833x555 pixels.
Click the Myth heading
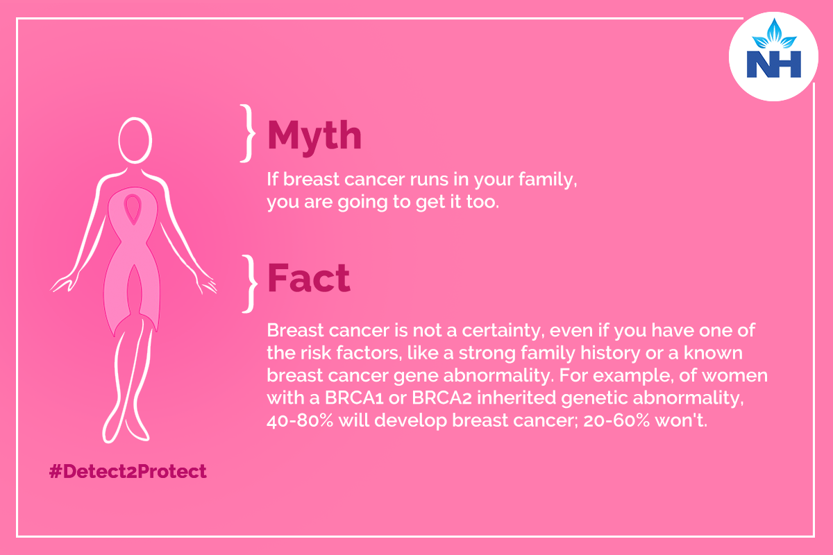tap(314, 137)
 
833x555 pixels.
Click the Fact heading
tap(309, 277)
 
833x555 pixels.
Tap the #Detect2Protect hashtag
tap(128, 471)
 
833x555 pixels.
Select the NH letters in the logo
tap(774, 65)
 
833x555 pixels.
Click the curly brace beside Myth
tap(248, 133)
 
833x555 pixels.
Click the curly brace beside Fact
tap(249, 284)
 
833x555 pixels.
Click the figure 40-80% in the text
tap(300, 420)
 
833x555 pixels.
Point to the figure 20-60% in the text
tap(616, 420)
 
